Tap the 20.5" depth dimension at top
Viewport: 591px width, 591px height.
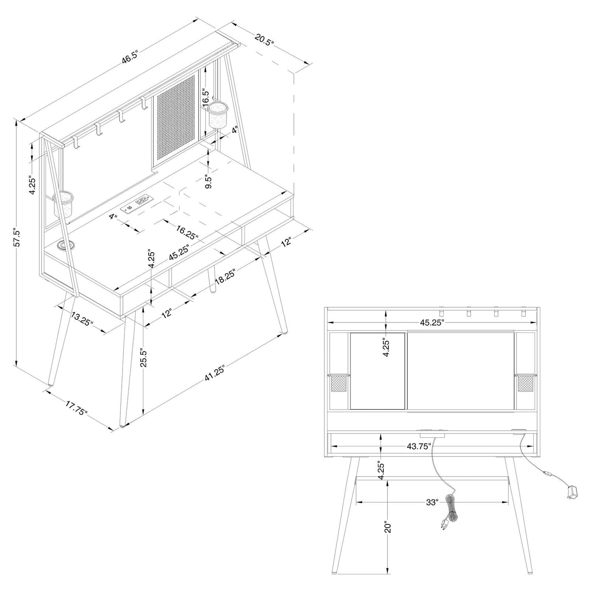click(x=264, y=41)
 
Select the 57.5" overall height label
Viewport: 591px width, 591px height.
click(x=17, y=238)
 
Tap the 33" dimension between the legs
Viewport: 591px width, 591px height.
click(x=432, y=502)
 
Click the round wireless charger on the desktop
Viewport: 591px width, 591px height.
click(x=63, y=246)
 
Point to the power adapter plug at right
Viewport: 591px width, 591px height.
click(x=572, y=492)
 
